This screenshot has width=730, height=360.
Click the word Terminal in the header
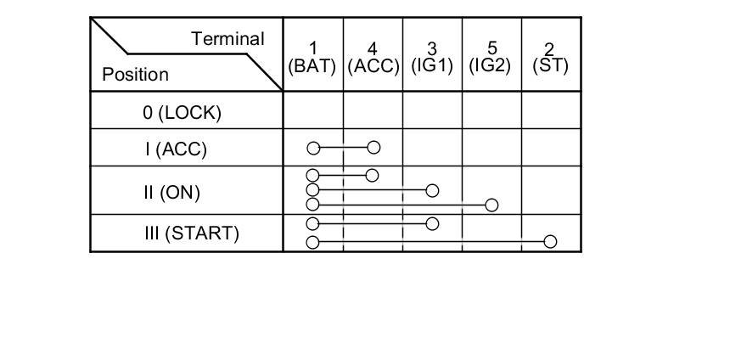point(227,39)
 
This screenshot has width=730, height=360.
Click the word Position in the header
point(135,74)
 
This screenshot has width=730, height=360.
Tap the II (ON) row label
point(171,192)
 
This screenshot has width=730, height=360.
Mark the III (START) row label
point(191,233)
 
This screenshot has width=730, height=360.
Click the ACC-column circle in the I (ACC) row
point(373,148)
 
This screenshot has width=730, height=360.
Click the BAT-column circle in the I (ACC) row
point(313,149)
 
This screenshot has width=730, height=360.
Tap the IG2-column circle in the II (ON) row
point(491,205)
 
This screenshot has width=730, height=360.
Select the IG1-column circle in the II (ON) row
point(432,190)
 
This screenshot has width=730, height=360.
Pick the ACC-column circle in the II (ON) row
point(371,176)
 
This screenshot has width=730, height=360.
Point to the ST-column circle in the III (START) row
point(550,242)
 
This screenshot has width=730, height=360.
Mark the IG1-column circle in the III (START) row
point(432,224)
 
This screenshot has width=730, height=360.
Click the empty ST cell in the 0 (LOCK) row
point(551,110)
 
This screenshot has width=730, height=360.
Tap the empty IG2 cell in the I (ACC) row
point(491,148)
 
